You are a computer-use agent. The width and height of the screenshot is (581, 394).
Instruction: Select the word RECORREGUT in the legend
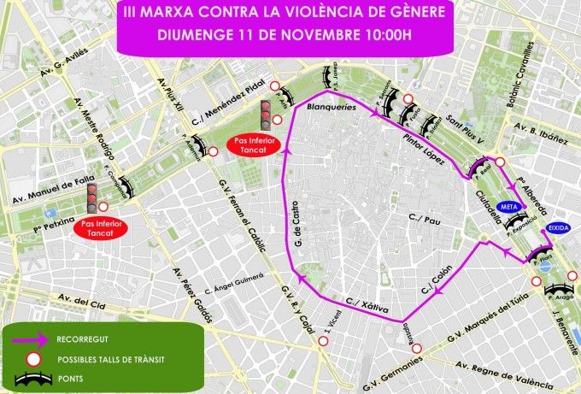point(84,338)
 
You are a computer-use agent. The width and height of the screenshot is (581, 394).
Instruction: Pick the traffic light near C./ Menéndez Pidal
point(265,115)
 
